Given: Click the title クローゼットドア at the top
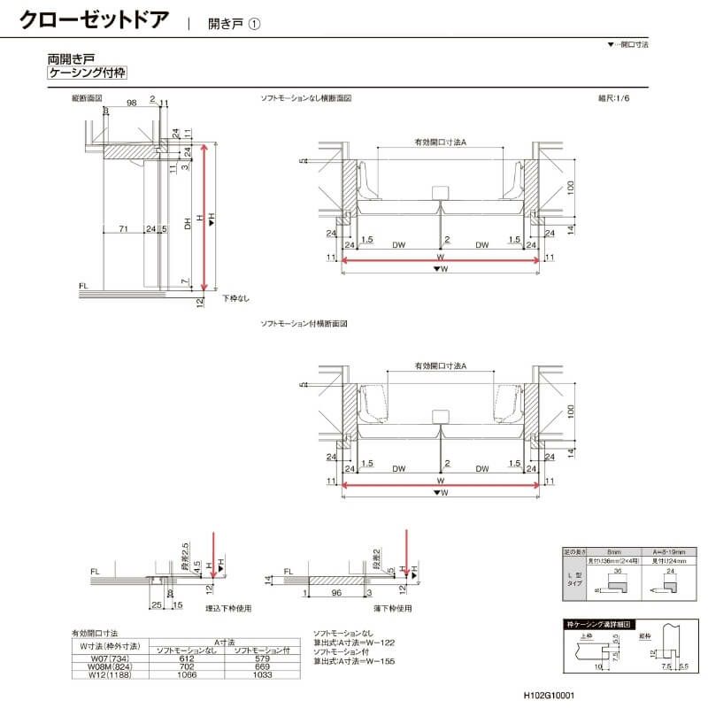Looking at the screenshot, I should (93, 19).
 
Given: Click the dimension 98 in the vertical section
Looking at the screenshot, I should (131, 104).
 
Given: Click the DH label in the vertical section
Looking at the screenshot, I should (188, 225).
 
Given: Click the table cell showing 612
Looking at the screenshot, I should (186, 658).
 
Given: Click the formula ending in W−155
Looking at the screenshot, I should (354, 661).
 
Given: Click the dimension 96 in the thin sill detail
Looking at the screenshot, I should (335, 593).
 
